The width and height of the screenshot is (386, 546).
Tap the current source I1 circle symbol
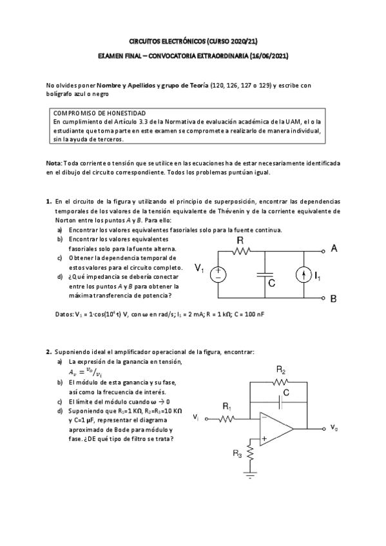(303, 275)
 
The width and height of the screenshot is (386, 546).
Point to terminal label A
(333, 249)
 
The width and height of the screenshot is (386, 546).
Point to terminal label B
(333, 299)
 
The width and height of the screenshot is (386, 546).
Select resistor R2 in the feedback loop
(282, 382)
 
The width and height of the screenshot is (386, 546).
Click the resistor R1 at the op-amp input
(227, 419)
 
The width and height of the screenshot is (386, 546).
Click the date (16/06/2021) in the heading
(267, 57)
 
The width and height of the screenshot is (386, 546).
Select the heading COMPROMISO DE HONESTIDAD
(99, 112)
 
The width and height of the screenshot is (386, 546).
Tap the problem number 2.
(48, 352)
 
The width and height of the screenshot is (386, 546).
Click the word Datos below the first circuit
(67, 314)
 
